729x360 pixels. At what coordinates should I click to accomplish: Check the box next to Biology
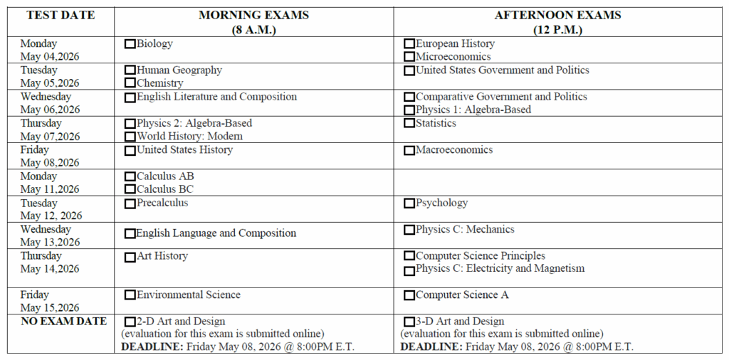130,44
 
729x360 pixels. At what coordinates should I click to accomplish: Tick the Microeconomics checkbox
409,57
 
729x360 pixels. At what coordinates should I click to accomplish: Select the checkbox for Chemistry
130,83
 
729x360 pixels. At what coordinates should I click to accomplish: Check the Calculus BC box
130,189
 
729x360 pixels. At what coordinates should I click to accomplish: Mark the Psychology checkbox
409,203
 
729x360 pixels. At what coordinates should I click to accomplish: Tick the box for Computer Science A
409,295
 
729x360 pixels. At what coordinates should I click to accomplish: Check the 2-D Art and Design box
130,322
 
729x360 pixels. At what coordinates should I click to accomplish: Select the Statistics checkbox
409,123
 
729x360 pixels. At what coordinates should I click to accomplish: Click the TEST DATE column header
60,15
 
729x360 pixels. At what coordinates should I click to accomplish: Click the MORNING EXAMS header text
253,15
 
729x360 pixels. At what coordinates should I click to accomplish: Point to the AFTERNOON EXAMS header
557,15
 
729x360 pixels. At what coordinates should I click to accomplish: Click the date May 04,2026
50,57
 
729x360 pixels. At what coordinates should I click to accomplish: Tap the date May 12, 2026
51,216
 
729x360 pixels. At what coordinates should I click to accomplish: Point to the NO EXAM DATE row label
64,322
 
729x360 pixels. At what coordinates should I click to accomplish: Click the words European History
455,43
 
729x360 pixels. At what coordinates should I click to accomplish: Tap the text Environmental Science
189,295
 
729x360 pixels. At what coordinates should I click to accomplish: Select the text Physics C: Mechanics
465,229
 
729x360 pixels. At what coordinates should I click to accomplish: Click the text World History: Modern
189,136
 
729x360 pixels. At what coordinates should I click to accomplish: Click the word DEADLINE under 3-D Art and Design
430,347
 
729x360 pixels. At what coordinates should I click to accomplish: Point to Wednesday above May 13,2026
46,229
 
